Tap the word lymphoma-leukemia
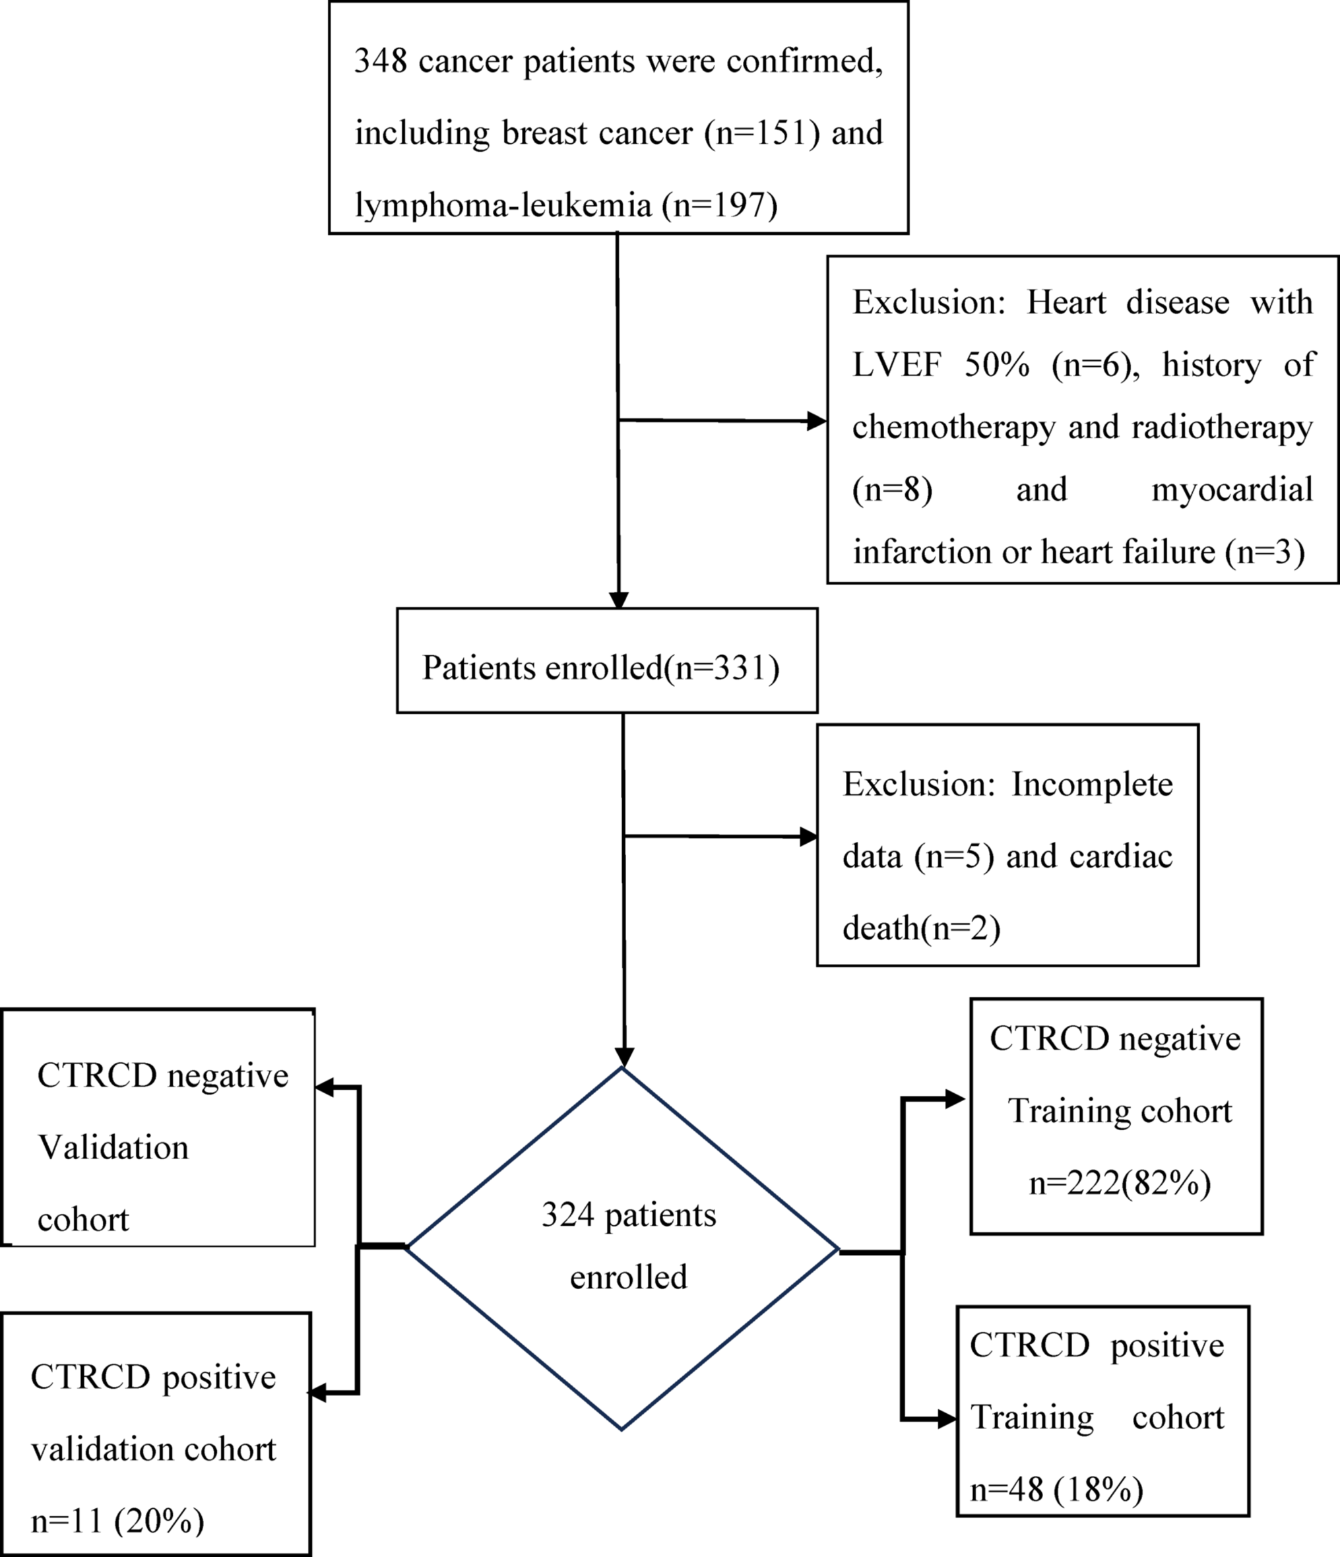503,205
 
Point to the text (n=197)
719,205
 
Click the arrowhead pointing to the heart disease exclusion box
816,421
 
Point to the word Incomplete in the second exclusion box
1092,784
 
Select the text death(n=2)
922,929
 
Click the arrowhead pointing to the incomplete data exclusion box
808,837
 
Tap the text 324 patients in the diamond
628,1215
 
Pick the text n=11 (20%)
117,1521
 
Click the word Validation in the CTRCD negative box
113,1147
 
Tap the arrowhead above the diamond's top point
623,1056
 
